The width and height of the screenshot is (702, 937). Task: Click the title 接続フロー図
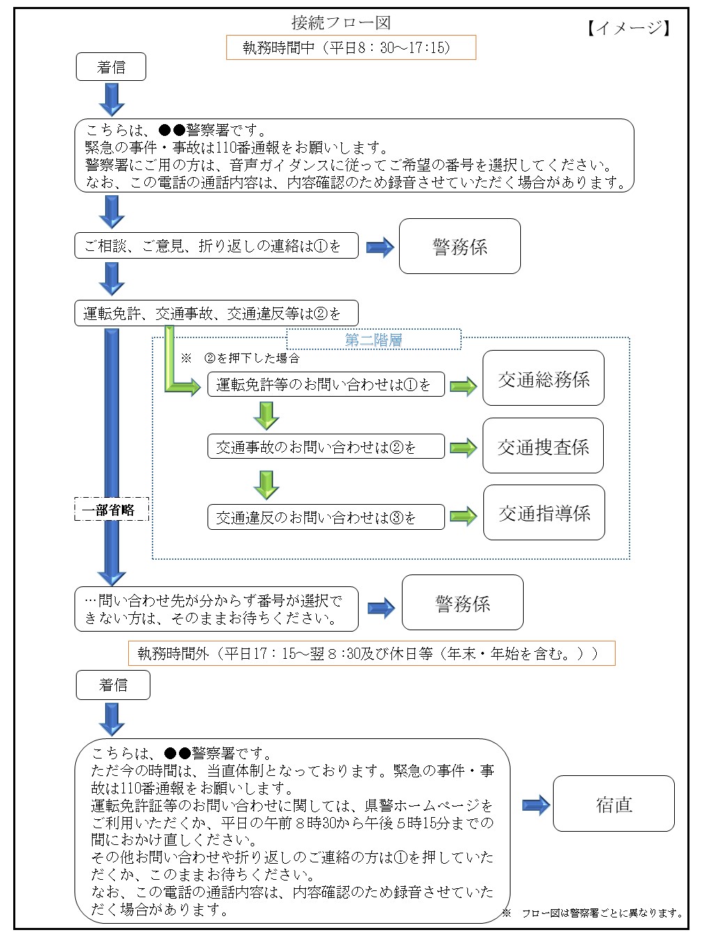[x=341, y=22]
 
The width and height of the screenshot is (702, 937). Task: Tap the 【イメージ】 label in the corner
[x=627, y=28]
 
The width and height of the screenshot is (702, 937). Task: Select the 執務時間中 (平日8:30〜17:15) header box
[x=350, y=47]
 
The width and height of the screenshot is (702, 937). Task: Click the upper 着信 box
[x=111, y=67]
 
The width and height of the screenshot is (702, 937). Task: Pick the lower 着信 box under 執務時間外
[x=113, y=685]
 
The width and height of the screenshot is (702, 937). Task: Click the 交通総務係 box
[x=543, y=379]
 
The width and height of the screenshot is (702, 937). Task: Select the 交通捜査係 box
[x=543, y=446]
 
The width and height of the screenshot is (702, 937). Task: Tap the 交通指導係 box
[x=544, y=513]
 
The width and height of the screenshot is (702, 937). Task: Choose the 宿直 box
[x=614, y=804]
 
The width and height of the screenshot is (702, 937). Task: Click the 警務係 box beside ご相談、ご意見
[x=460, y=246]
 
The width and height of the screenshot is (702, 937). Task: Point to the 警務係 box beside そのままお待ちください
[x=462, y=603]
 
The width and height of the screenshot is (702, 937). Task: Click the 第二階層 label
[x=373, y=340]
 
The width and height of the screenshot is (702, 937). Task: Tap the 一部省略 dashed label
[x=111, y=510]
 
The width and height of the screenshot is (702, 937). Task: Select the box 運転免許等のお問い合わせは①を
[x=326, y=384]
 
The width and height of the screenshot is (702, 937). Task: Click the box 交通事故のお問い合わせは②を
[x=326, y=447]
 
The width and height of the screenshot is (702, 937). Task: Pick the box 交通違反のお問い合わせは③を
[x=326, y=517]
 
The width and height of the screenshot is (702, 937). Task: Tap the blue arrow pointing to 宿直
[x=536, y=805]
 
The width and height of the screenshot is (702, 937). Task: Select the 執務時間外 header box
[x=371, y=653]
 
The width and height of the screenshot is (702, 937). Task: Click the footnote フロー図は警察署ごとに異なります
[x=593, y=913]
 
